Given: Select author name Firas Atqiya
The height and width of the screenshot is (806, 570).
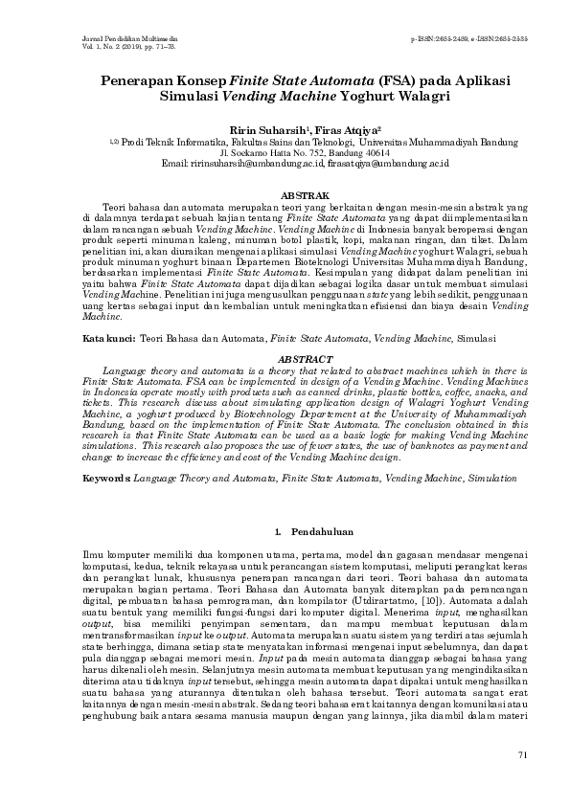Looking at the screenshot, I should pyautogui.click(x=324, y=127).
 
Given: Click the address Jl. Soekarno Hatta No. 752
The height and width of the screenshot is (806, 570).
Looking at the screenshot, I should pyautogui.click(x=271, y=152).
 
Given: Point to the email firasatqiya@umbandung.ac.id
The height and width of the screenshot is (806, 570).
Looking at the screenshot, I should pyautogui.click(x=367, y=164).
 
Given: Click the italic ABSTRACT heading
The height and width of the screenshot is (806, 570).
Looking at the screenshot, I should pyautogui.click(x=285, y=358).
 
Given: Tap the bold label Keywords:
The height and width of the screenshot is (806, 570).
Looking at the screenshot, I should pyautogui.click(x=106, y=476).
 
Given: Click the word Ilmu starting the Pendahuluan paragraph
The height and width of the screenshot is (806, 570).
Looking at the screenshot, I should pyautogui.click(x=93, y=554).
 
